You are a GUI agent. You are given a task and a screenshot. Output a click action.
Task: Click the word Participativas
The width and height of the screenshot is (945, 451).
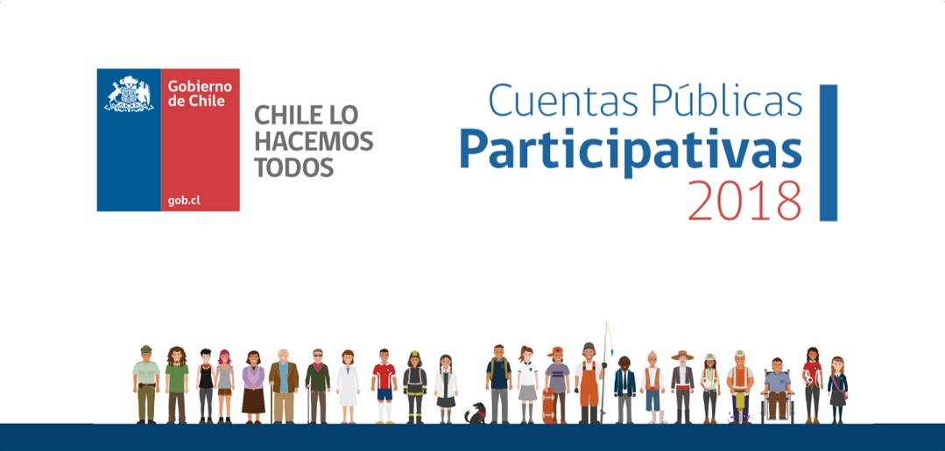[x=631, y=149]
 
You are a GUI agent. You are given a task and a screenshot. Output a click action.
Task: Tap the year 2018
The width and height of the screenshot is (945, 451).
[x=745, y=201]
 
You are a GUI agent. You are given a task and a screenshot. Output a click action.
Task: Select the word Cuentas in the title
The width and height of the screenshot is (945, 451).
[x=563, y=101]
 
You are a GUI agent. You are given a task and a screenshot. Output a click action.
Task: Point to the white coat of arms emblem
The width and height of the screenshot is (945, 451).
[x=129, y=94]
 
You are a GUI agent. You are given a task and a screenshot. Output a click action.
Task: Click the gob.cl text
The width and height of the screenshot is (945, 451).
[x=184, y=201]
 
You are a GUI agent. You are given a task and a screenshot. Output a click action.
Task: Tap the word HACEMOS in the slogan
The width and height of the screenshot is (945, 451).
[x=314, y=140]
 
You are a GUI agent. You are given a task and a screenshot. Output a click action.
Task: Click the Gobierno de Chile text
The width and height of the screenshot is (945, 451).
[x=200, y=94]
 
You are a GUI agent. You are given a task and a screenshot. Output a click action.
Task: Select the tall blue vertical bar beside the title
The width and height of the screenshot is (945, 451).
[x=829, y=152]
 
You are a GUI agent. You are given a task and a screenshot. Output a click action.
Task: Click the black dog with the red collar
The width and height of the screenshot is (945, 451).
[x=476, y=413]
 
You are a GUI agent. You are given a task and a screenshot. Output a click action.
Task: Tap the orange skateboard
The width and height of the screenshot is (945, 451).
[x=548, y=405]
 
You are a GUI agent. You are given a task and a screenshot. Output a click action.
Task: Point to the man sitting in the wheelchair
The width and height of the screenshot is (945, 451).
[x=778, y=390]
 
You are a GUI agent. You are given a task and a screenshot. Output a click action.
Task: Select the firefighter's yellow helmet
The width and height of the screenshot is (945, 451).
[x=414, y=354]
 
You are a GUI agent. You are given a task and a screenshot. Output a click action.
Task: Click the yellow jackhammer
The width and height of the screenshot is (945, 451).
[x=739, y=407]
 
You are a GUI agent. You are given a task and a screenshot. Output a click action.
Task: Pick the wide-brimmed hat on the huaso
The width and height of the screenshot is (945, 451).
[x=683, y=356]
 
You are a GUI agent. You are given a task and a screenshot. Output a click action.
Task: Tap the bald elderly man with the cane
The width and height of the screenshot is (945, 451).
[x=283, y=386]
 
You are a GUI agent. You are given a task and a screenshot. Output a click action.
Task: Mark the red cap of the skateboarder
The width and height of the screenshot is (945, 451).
[x=555, y=350]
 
